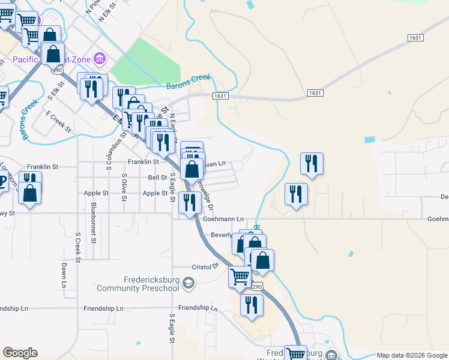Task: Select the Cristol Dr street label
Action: point(205,266)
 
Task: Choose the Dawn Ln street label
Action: point(64,275)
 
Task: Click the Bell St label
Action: point(157,178)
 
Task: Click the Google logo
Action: point(20,353)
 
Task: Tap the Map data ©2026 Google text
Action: point(412,355)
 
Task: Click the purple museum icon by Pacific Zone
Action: point(100,59)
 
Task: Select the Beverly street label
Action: point(221,235)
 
